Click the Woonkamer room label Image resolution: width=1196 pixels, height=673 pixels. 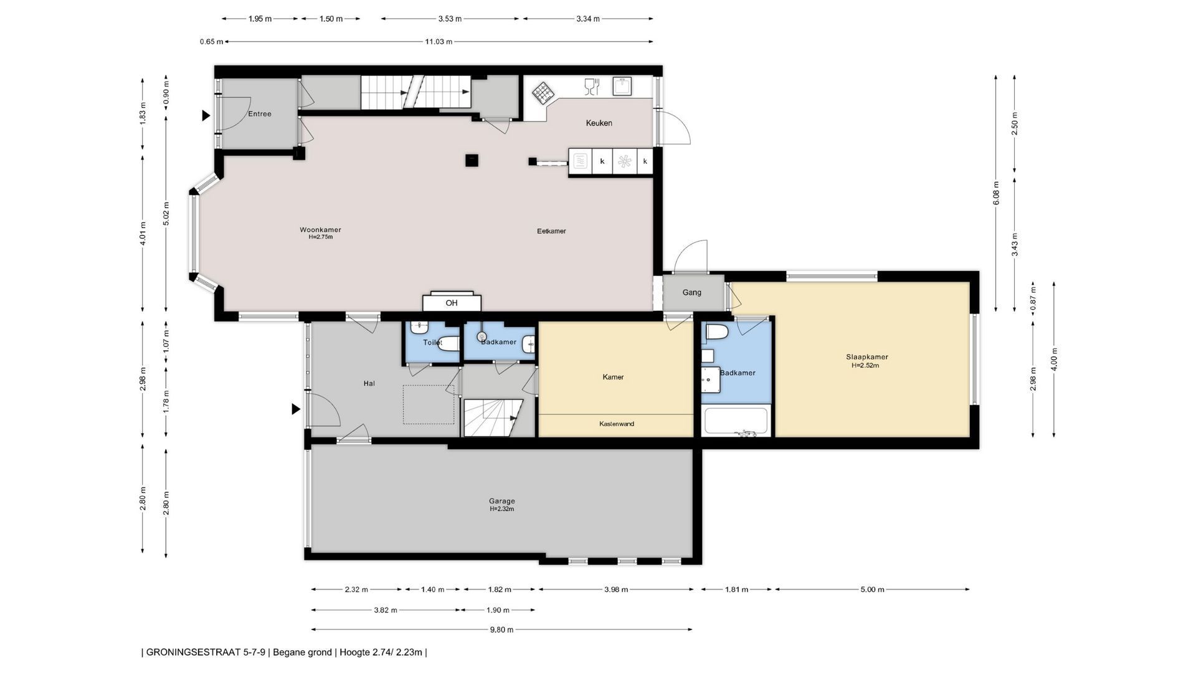click(x=320, y=230)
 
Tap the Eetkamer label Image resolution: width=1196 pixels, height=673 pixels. click(x=551, y=231)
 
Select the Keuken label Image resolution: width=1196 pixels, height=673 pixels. click(x=599, y=123)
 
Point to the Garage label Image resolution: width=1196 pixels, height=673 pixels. click(x=501, y=501)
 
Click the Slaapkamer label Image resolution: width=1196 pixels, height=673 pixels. click(x=866, y=357)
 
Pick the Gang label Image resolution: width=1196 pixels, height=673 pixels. click(x=691, y=292)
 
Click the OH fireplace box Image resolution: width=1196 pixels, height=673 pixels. click(x=452, y=302)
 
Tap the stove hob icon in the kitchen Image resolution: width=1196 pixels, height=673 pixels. click(x=543, y=93)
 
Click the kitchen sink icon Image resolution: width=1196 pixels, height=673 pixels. click(x=622, y=86)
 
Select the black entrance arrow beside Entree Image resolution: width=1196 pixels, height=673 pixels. click(x=206, y=115)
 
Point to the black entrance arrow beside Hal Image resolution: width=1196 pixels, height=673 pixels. click(x=296, y=409)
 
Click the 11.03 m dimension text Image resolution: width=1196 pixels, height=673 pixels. click(x=439, y=42)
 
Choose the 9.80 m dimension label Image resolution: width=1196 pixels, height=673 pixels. click(x=501, y=629)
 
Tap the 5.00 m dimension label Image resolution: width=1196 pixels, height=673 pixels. click(x=872, y=589)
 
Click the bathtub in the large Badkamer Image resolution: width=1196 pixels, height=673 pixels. click(x=736, y=421)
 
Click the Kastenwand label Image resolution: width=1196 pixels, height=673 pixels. click(x=617, y=424)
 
